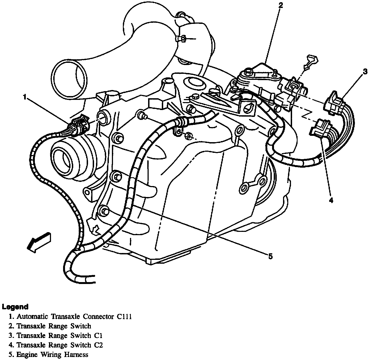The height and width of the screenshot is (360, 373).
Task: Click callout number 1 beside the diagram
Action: (x=25, y=97)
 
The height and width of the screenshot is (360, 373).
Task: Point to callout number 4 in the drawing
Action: (x=331, y=201)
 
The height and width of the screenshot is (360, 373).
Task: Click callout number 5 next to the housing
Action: (x=270, y=257)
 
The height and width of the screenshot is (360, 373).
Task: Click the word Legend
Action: (x=15, y=307)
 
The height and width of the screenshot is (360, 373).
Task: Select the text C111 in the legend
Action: (x=124, y=316)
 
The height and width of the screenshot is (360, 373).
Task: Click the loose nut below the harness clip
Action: (x=188, y=135)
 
